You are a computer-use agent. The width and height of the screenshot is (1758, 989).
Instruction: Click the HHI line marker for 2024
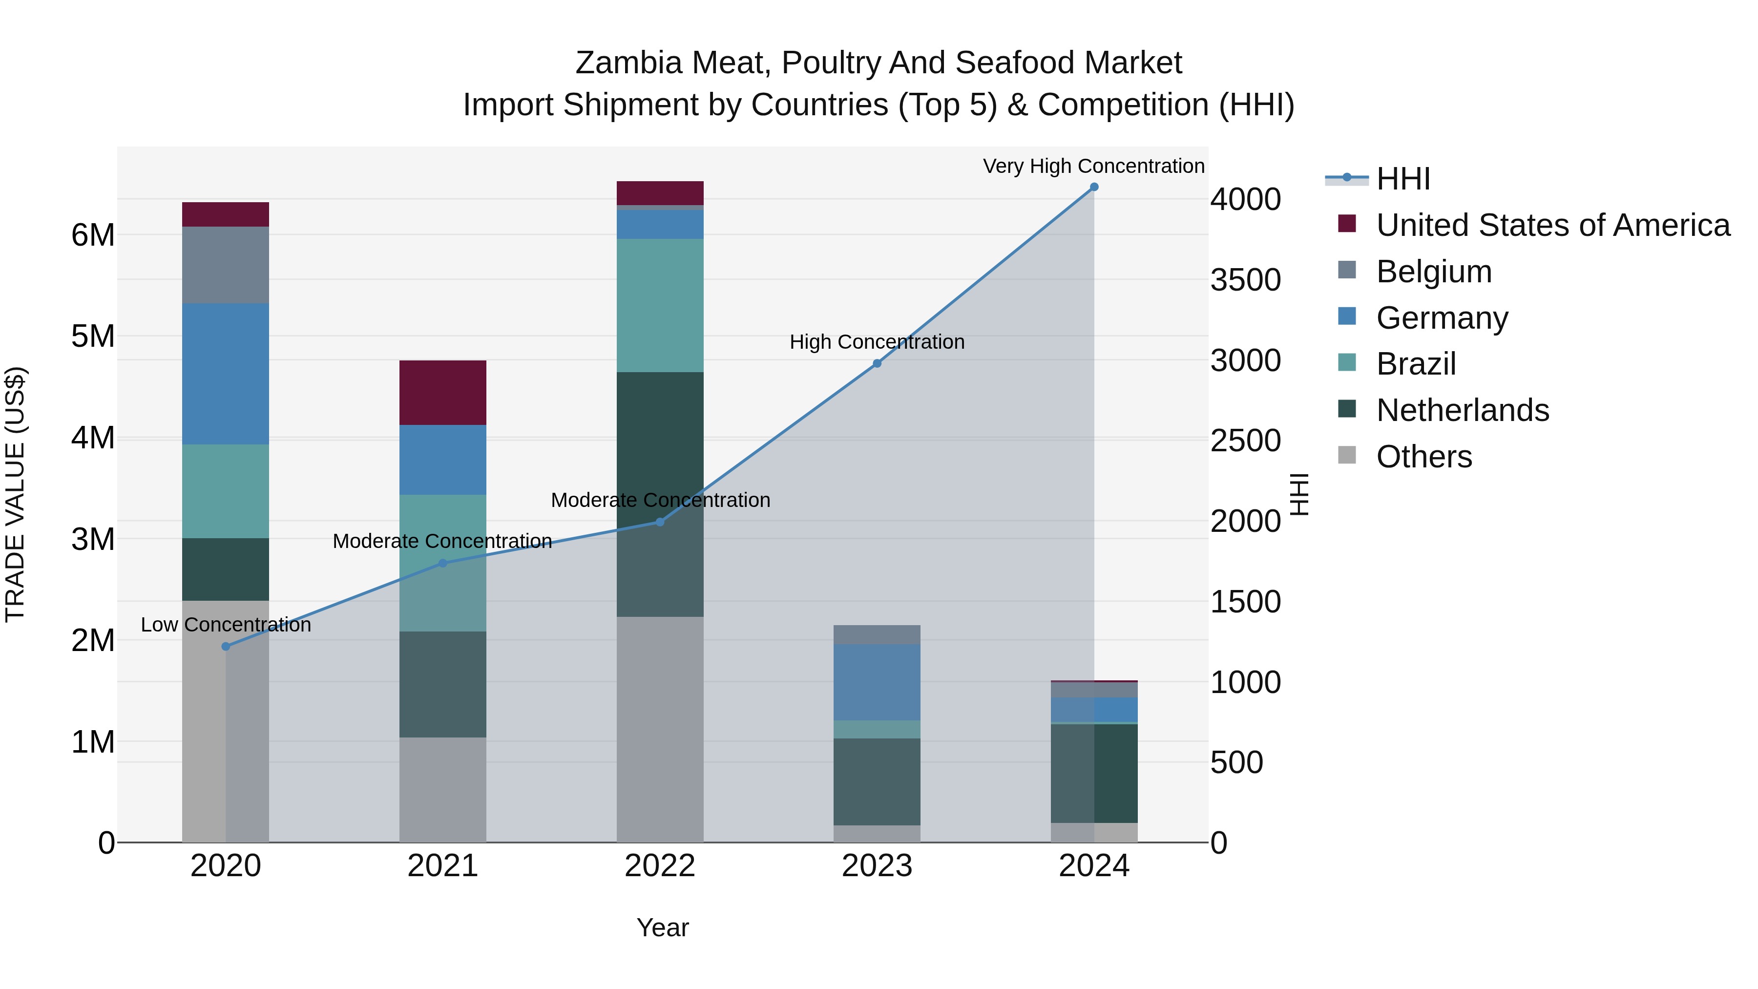[x=1094, y=187]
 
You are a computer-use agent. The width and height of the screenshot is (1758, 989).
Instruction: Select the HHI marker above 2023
[x=877, y=364]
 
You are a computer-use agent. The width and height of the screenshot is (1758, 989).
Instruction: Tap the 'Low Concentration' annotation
[x=226, y=625]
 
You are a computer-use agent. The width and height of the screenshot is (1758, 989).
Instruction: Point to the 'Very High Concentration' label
[x=1093, y=166]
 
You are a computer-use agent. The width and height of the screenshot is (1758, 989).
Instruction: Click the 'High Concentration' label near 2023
[x=877, y=342]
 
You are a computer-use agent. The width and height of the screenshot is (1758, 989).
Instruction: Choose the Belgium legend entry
[x=1434, y=272]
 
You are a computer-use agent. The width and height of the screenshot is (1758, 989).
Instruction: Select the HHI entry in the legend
[x=1403, y=179]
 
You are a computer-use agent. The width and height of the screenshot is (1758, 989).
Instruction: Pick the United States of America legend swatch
[x=1347, y=224]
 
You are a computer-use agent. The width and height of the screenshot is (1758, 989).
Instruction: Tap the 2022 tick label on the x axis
[x=659, y=866]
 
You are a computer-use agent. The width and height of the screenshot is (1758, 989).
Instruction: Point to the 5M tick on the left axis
[x=93, y=336]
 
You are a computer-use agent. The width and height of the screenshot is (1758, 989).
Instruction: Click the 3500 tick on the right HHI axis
[x=1245, y=280]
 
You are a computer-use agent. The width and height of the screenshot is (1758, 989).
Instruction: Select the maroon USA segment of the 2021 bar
[x=442, y=393]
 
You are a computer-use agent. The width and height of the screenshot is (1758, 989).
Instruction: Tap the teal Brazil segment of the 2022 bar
[x=659, y=305]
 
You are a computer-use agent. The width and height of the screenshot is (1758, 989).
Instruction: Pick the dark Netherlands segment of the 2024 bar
[x=1115, y=773]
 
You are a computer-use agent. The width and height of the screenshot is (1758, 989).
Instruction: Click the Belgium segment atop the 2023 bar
[x=877, y=635]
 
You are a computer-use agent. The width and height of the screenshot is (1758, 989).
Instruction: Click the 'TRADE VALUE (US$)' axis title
[x=16, y=494]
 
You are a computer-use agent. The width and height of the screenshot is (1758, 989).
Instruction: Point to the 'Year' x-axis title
[x=662, y=927]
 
